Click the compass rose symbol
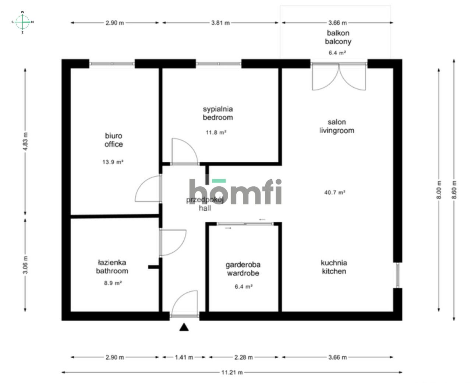[23, 22]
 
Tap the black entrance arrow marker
[184, 327]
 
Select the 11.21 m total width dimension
[232, 372]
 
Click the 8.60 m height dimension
[454, 190]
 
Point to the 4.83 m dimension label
[25, 141]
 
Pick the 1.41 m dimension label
[184, 357]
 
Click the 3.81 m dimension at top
[220, 23]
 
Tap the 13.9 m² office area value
[113, 162]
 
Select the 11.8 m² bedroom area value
[216, 133]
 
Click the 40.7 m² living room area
[334, 192]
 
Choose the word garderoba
[243, 265]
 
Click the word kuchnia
[334, 263]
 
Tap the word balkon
[338, 33]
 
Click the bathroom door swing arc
[173, 242]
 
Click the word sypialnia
[218, 109]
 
